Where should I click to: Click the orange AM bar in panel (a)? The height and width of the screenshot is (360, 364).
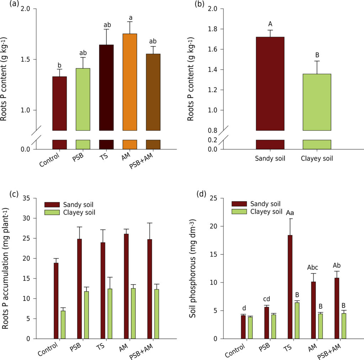tap(130, 82)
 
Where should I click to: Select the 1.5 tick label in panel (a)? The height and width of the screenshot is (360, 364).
tap(26, 59)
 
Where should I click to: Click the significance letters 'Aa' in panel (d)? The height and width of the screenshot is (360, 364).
tap(290, 213)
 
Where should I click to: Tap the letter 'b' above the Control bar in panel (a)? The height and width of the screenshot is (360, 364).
tap(60, 65)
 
